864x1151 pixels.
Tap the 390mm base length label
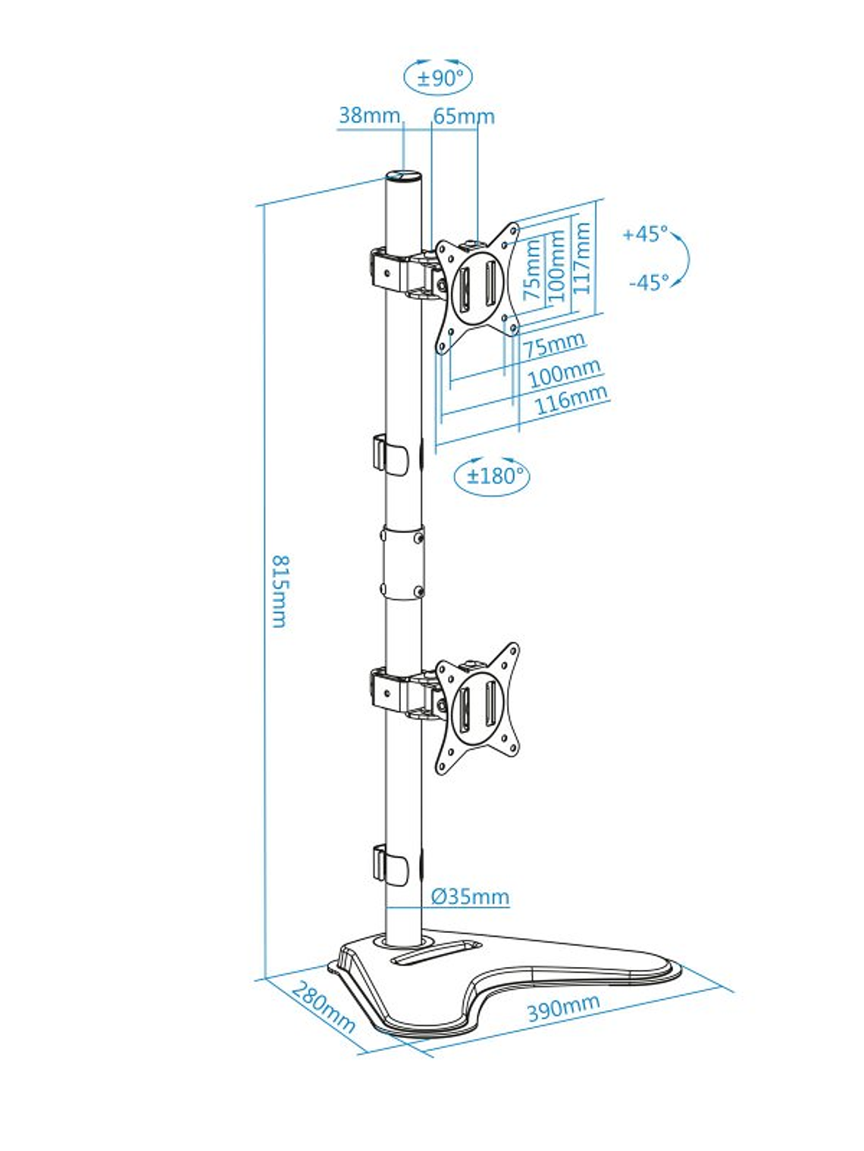click(x=563, y=1006)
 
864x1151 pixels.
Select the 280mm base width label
click(x=323, y=1007)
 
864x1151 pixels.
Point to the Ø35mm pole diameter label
click(x=470, y=897)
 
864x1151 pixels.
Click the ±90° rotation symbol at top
click(x=439, y=77)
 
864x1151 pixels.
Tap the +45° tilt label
click(x=645, y=234)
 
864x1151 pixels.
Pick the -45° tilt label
click(x=649, y=282)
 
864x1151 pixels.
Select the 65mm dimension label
click(x=464, y=117)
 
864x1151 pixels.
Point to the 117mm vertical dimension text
click(x=582, y=258)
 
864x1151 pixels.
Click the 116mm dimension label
click(x=571, y=400)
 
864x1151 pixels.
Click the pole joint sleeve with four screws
click(x=402, y=562)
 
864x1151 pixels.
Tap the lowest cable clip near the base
click(x=388, y=863)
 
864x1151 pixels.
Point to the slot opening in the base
click(x=436, y=951)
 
